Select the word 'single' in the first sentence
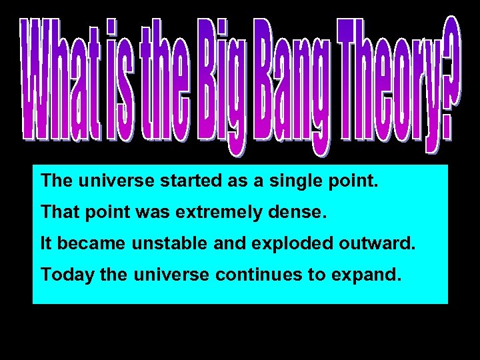tap(293, 181)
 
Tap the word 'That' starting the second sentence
tap(58, 213)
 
